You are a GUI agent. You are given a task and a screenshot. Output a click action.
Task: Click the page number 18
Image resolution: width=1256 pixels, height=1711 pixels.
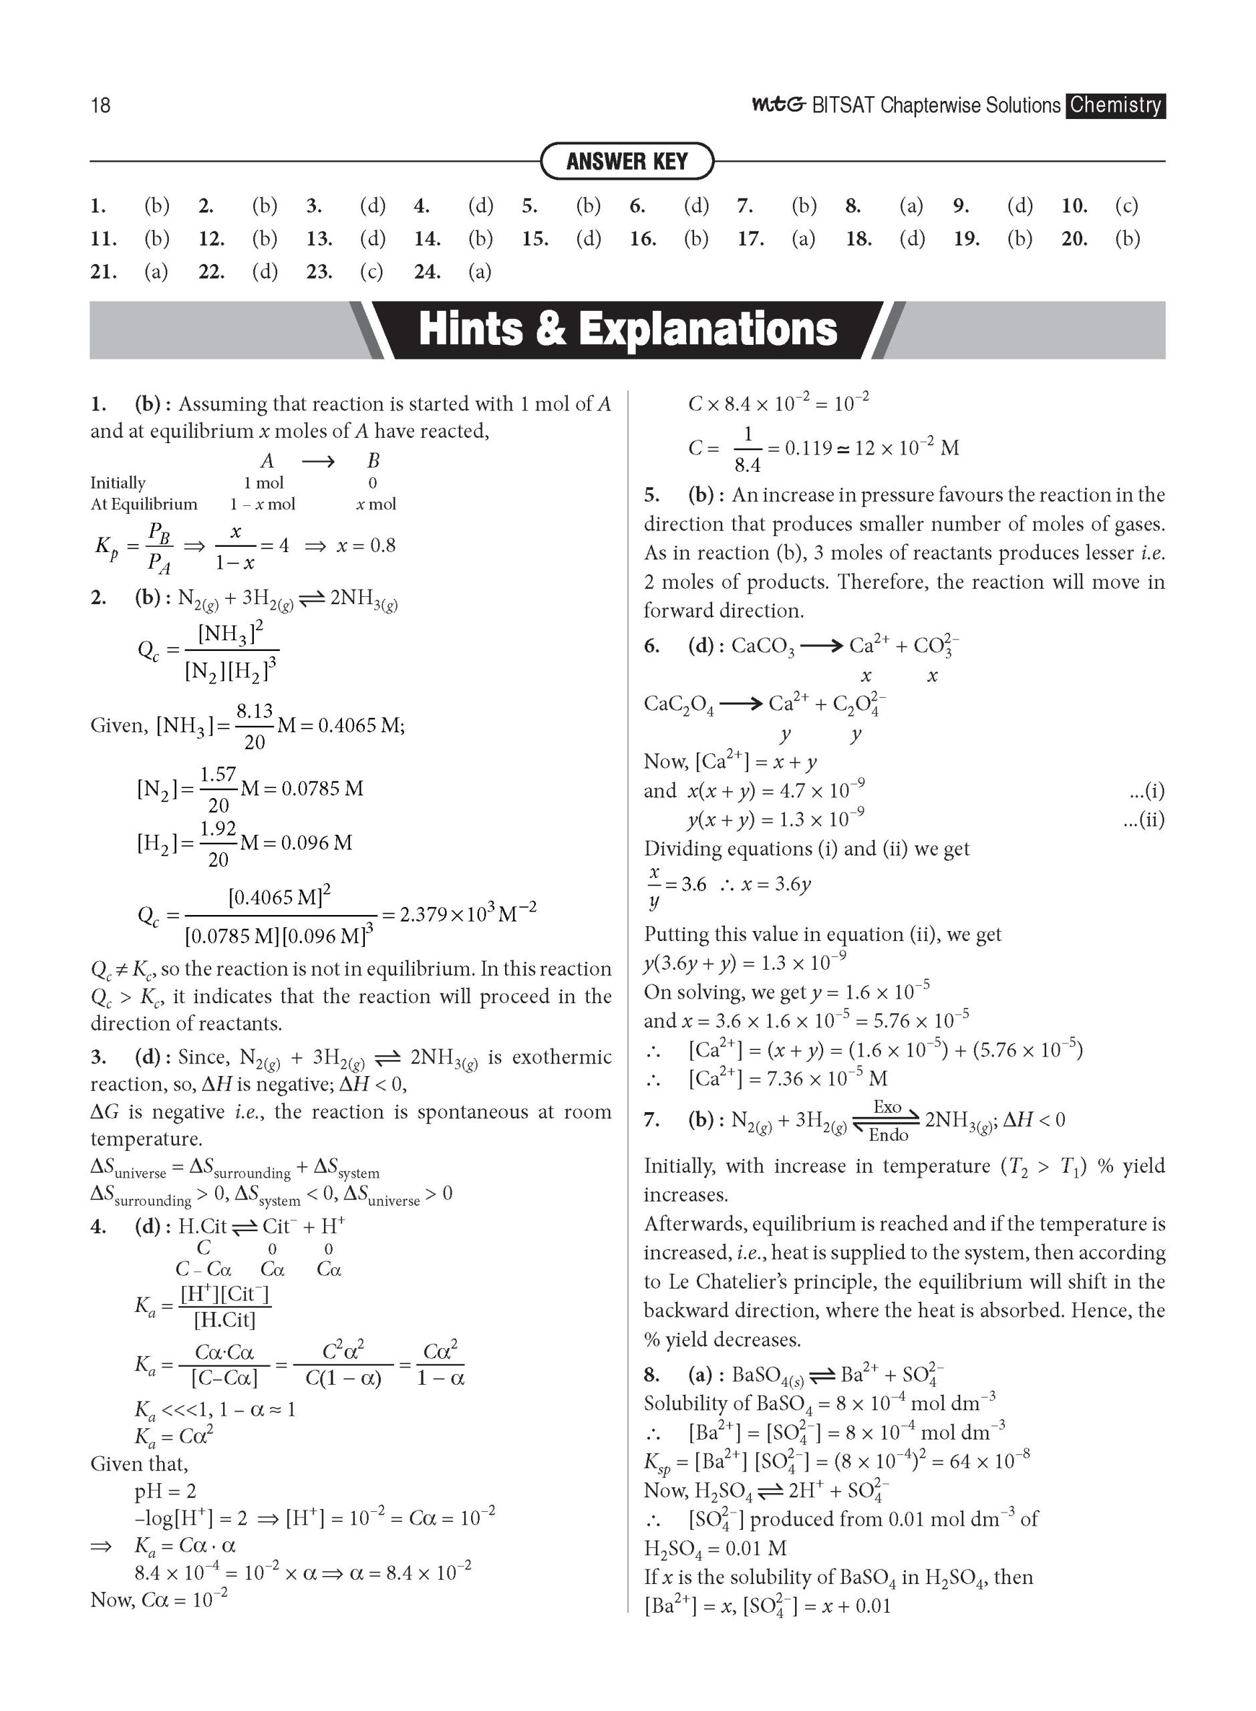pyautogui.click(x=100, y=105)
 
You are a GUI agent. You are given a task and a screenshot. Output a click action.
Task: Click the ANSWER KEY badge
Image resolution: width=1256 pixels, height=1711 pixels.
pyautogui.click(x=627, y=161)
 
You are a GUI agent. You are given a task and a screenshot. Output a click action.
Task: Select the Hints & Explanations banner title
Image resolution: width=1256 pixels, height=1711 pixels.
pyautogui.click(x=627, y=330)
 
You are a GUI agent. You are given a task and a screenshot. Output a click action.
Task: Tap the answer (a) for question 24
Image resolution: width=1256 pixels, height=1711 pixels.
pyautogui.click(x=480, y=271)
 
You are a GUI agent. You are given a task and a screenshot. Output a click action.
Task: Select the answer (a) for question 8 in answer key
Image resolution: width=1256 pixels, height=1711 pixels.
pyautogui.click(x=911, y=205)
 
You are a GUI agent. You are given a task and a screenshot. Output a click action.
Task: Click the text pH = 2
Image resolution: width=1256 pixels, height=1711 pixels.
pyautogui.click(x=165, y=1491)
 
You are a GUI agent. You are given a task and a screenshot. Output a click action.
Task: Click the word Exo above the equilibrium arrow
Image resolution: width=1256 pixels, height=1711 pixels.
pyautogui.click(x=887, y=1107)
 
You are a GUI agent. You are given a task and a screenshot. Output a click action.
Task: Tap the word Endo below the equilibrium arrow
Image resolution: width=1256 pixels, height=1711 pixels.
pyautogui.click(x=888, y=1136)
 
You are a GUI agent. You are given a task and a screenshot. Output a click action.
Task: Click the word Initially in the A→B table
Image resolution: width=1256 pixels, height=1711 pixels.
pyautogui.click(x=118, y=483)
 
